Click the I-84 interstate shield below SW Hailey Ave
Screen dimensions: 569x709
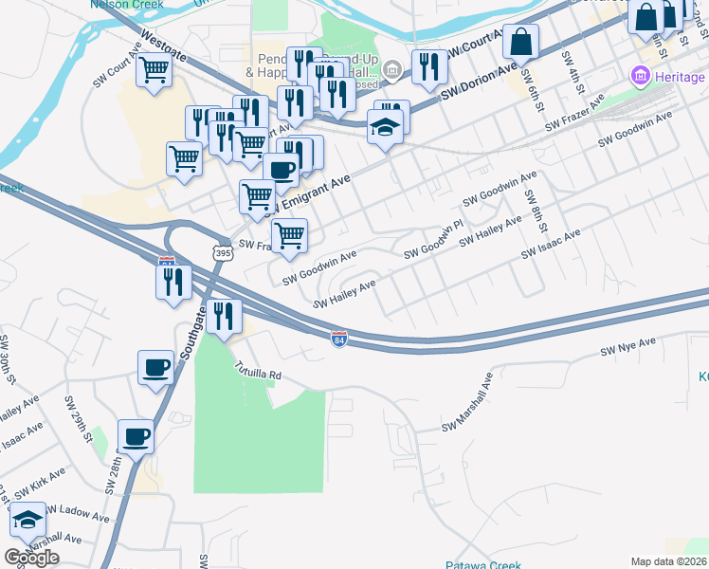point(339,339)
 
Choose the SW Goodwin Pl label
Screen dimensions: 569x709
point(435,241)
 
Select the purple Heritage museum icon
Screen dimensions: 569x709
point(640,75)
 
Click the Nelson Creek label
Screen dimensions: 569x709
point(126,5)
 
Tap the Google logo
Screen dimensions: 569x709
point(31,558)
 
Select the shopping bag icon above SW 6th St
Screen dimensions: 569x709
point(521,42)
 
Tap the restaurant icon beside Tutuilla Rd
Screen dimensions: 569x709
point(223,317)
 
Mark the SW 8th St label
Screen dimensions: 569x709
point(537,211)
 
